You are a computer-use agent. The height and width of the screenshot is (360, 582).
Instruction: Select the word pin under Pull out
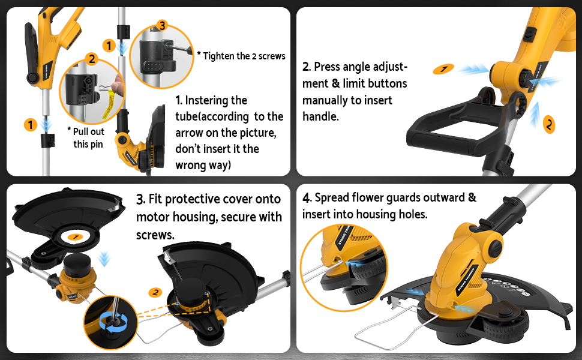click(x=97, y=144)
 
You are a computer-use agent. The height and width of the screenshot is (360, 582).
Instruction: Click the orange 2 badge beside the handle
click(x=549, y=124)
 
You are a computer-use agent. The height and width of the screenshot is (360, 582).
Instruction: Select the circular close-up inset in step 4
click(x=336, y=268)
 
